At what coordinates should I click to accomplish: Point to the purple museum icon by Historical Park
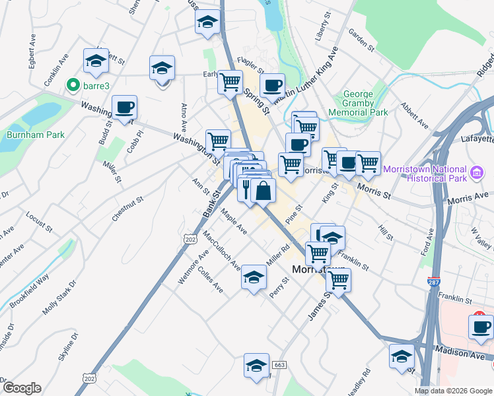coord(477,174)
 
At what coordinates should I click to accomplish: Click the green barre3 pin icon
coord(73,85)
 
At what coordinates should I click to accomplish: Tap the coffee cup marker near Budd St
coord(124,108)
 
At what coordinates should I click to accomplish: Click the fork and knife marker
coord(247,189)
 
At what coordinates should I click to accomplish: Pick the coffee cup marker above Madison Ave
coord(480,327)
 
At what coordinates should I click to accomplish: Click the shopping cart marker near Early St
coord(230,82)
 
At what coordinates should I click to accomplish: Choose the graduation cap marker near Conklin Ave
coord(96,61)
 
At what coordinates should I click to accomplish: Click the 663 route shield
coord(279,365)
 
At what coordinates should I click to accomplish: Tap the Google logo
coord(22,388)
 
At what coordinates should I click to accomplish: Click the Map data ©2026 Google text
coord(453,391)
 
